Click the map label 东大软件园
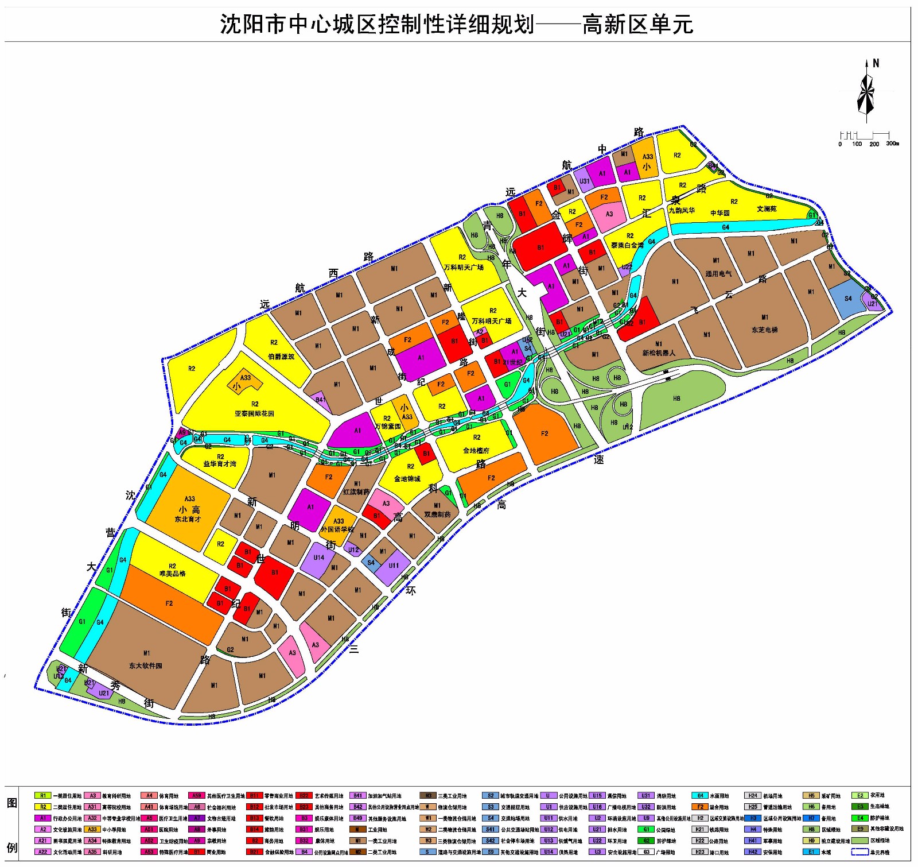(x=145, y=666)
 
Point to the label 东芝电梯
(x=764, y=330)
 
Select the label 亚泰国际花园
(x=254, y=413)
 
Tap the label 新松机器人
(x=659, y=353)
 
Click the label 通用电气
(x=718, y=274)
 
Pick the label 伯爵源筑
(x=281, y=357)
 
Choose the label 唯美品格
(x=172, y=574)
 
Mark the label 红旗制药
(x=356, y=492)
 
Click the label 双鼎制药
(x=437, y=514)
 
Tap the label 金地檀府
(x=476, y=451)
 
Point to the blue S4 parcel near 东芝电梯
(x=848, y=299)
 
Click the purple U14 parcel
(x=318, y=558)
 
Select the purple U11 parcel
(x=394, y=566)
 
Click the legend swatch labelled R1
(x=42, y=796)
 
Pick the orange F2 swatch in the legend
(x=700, y=807)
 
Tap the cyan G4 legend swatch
(x=700, y=796)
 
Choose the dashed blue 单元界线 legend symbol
(x=859, y=852)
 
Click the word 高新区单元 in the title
(x=637, y=25)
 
